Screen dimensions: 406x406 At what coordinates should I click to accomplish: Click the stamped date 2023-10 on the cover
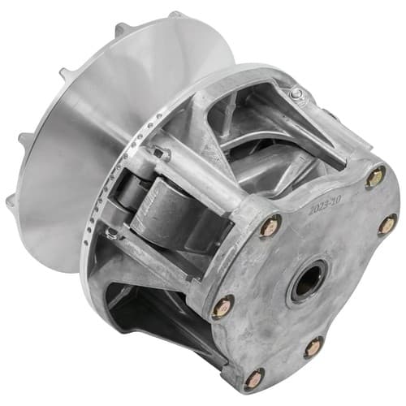click(326, 205)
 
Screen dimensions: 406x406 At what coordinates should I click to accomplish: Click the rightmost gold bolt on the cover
click(387, 224)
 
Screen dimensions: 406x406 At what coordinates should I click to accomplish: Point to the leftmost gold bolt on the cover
click(222, 307)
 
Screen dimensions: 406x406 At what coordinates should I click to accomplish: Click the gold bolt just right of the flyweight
click(270, 226)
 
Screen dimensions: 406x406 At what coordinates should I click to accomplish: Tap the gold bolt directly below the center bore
click(314, 348)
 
